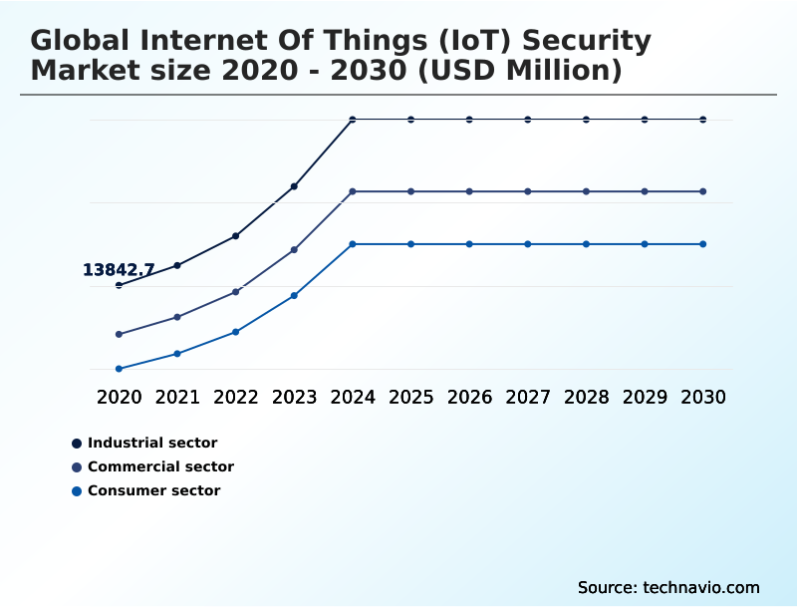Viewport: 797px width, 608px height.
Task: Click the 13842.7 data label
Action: [x=119, y=270]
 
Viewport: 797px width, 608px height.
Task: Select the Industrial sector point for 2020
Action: [x=119, y=285]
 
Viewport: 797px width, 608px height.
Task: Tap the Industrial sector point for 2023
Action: [x=294, y=186]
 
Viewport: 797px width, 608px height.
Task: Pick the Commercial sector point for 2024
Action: [x=353, y=191]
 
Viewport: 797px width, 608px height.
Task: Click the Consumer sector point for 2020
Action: [x=119, y=369]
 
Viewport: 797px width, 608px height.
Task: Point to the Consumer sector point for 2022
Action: [x=236, y=332]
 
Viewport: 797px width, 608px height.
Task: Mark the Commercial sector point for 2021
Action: [x=177, y=317]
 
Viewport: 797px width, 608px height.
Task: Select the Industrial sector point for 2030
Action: [x=703, y=120]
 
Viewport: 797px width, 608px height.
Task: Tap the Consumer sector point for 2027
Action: [x=528, y=244]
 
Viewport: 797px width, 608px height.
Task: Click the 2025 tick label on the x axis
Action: [x=410, y=398]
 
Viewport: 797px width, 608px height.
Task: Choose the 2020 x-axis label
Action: [x=119, y=398]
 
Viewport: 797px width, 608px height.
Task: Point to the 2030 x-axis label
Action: [x=703, y=398]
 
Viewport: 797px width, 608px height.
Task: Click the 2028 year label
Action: [x=587, y=398]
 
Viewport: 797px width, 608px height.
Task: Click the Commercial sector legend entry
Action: [x=160, y=466]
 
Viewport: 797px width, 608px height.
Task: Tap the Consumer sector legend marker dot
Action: [x=77, y=490]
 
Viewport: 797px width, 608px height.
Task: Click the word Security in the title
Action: [x=587, y=41]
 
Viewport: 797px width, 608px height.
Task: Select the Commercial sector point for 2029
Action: [x=645, y=191]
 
